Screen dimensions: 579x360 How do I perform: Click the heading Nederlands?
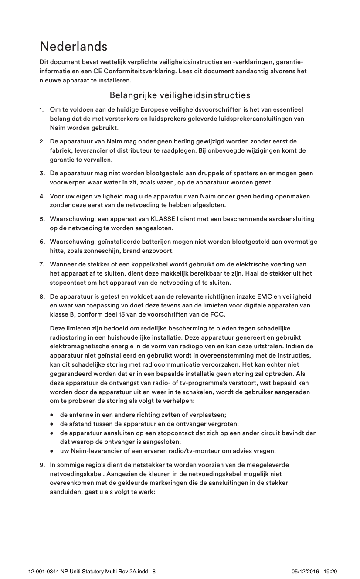point(73,46)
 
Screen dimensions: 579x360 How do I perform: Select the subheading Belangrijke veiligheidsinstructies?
point(180,95)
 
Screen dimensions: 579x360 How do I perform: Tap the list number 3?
point(42,174)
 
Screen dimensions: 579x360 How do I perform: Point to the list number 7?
point(42,264)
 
